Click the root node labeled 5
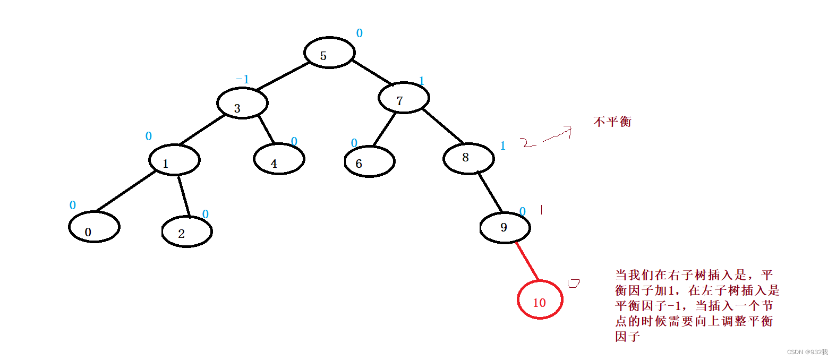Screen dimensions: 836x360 [329, 53]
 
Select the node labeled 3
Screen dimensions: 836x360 [242, 103]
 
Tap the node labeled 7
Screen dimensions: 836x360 [404, 98]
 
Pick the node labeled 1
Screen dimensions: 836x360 [174, 160]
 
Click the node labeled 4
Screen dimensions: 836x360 [279, 159]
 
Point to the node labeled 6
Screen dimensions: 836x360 [370, 161]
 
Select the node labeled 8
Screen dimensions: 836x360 [468, 158]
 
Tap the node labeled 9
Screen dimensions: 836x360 [505, 228]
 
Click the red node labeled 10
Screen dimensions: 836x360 [540, 299]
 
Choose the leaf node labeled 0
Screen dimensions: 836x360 [94, 227]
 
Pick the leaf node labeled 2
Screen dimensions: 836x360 [187, 232]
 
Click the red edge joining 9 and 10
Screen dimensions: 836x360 [527, 262]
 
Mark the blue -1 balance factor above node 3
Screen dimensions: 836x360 [243, 79]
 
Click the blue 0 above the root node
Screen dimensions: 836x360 [360, 33]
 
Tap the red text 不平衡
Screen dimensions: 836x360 [612, 122]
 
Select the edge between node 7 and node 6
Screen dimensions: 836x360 [385, 128]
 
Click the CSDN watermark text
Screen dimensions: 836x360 [807, 352]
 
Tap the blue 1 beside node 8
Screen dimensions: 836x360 [503, 146]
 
